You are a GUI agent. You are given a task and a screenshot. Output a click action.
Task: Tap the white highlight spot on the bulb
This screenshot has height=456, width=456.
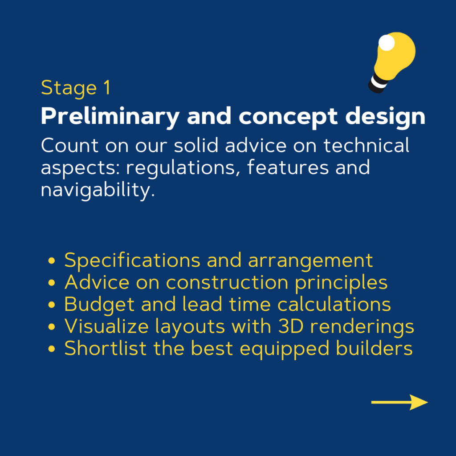387,42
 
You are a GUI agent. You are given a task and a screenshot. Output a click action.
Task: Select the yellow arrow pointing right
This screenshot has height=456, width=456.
399,402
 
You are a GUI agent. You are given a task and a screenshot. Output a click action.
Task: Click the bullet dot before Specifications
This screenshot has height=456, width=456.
52,260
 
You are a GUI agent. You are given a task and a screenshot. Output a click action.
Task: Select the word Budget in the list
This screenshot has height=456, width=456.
99,305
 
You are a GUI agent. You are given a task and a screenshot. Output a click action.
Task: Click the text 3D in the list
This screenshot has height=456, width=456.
291,326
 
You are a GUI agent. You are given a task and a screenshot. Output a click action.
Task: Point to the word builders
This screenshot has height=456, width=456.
374,348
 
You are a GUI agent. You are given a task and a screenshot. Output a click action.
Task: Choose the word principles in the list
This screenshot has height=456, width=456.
342,283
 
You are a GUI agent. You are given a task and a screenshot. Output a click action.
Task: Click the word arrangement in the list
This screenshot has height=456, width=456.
310,261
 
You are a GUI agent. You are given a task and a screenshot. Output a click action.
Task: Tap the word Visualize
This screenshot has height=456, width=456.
107,326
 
